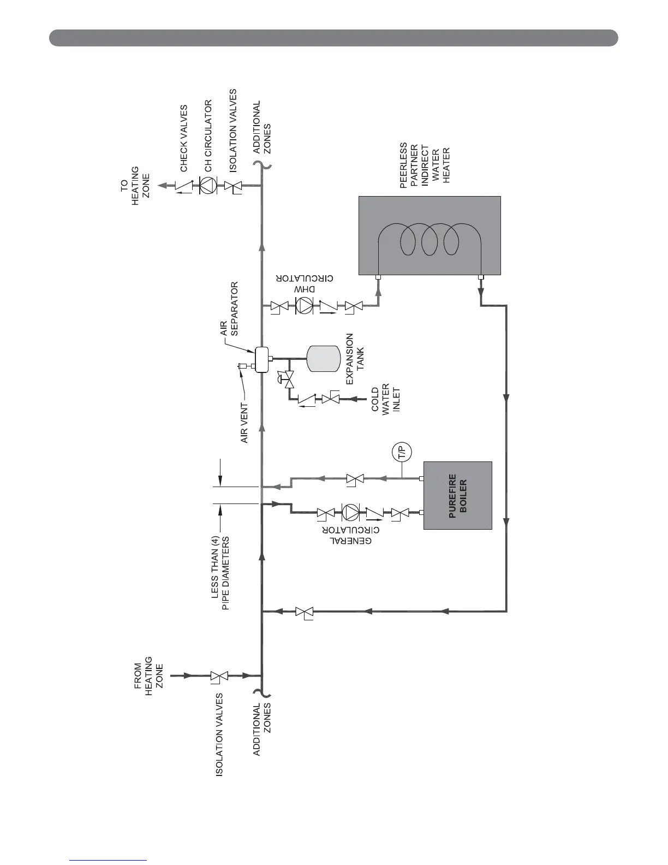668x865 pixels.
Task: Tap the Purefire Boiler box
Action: coord(458,495)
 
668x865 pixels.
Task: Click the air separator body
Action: coord(263,358)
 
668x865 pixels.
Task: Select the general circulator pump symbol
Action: coord(349,512)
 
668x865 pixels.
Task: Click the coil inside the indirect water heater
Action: coord(429,239)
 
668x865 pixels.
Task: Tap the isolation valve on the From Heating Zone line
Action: coord(219,676)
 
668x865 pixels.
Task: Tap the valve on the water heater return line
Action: coord(304,611)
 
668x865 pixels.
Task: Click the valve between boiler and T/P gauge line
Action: coord(355,479)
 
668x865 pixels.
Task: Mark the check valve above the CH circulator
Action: coord(184,186)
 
